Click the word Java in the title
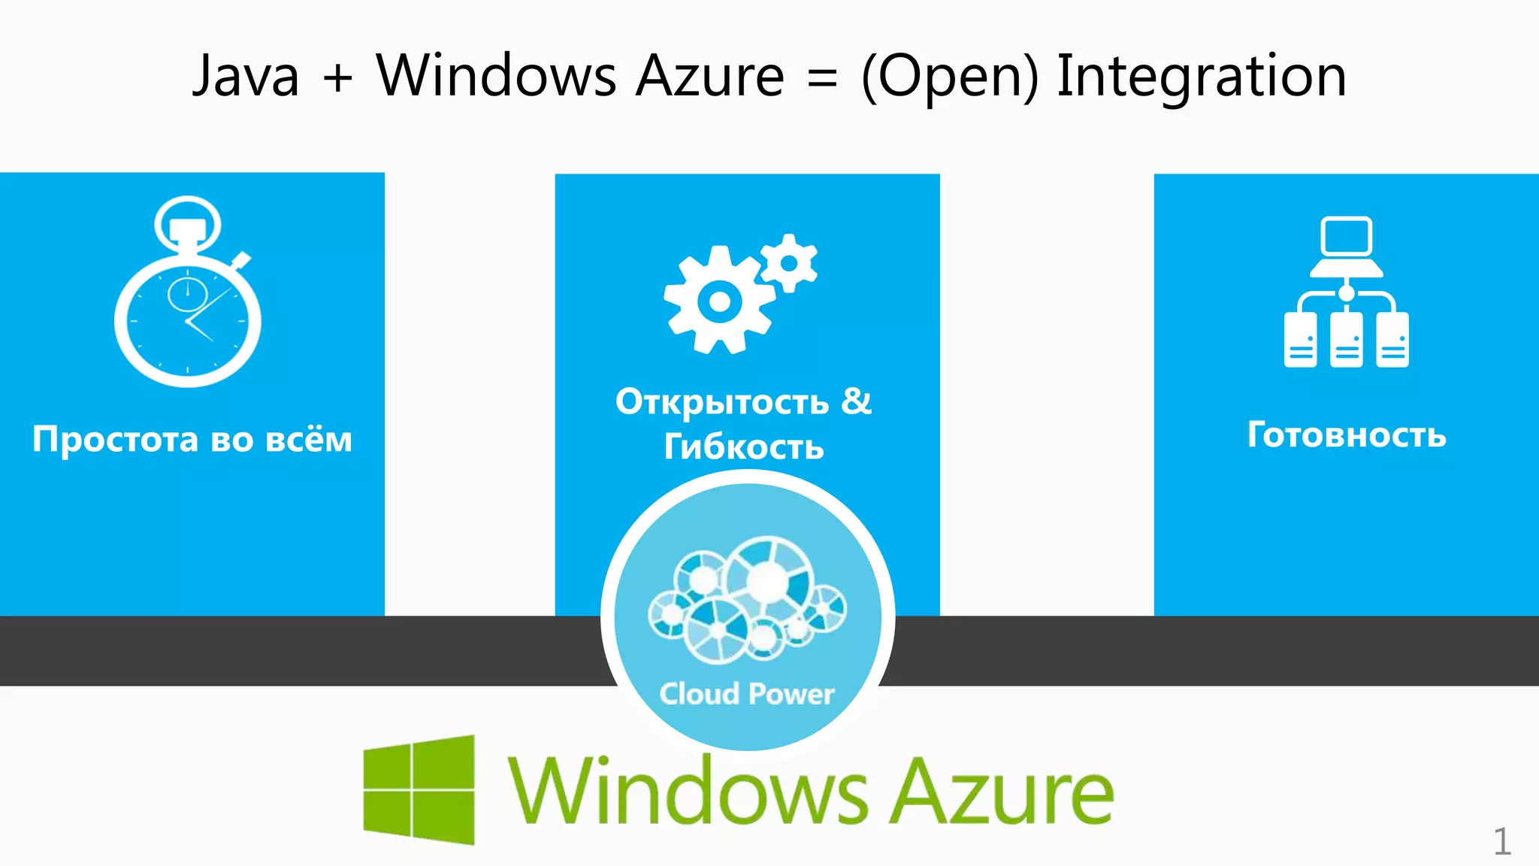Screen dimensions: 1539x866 (246, 77)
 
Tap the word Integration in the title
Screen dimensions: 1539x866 (1201, 77)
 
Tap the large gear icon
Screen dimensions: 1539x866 (718, 301)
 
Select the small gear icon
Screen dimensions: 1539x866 (789, 263)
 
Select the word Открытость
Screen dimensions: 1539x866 (722, 402)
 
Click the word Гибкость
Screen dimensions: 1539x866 (744, 447)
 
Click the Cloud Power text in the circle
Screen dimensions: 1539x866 (747, 694)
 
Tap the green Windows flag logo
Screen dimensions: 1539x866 (419, 789)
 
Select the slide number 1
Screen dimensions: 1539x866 (1501, 841)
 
